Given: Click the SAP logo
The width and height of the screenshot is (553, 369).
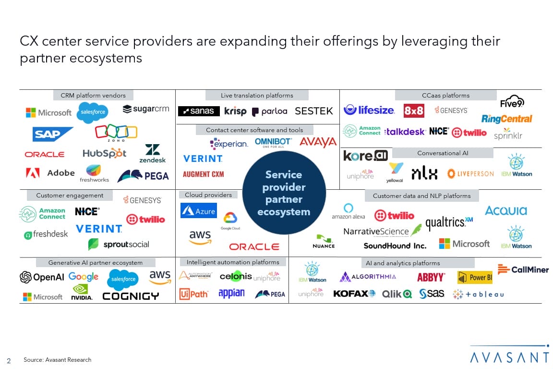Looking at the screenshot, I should pyautogui.click(x=53, y=134).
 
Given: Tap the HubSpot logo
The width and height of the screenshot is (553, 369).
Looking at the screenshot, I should pyautogui.click(x=104, y=153).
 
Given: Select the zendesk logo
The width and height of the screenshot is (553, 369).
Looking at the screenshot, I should pyautogui.click(x=153, y=154).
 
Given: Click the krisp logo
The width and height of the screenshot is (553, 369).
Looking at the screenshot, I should pyautogui.click(x=235, y=111).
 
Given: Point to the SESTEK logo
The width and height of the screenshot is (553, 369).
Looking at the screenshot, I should pyautogui.click(x=314, y=111).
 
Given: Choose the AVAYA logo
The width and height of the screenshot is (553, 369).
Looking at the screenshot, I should pyautogui.click(x=318, y=142).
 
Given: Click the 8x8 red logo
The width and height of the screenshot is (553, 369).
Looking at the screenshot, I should pyautogui.click(x=413, y=111).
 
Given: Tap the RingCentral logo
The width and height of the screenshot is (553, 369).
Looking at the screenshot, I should pyautogui.click(x=506, y=119).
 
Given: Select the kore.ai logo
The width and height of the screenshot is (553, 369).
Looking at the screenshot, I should pyautogui.click(x=365, y=156).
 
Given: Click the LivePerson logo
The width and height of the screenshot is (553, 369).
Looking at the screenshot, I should pyautogui.click(x=470, y=173).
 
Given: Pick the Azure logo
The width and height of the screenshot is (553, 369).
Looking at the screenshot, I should pyautogui.click(x=198, y=211).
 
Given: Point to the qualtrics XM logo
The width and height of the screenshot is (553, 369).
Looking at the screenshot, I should pyautogui.click(x=449, y=222).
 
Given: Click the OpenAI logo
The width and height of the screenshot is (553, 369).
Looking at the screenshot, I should pyautogui.click(x=42, y=277).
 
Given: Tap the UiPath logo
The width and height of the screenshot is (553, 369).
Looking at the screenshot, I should pyautogui.click(x=193, y=294).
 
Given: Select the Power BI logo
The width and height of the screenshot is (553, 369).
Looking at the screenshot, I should pyautogui.click(x=475, y=278).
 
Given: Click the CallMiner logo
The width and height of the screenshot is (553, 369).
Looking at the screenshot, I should pyautogui.click(x=523, y=270).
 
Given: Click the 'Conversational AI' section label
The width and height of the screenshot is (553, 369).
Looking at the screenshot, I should pyautogui.click(x=443, y=153).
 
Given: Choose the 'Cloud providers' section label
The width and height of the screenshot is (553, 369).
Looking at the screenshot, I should pyautogui.click(x=208, y=195).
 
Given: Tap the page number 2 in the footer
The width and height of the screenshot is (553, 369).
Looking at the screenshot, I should pyautogui.click(x=9, y=360).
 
